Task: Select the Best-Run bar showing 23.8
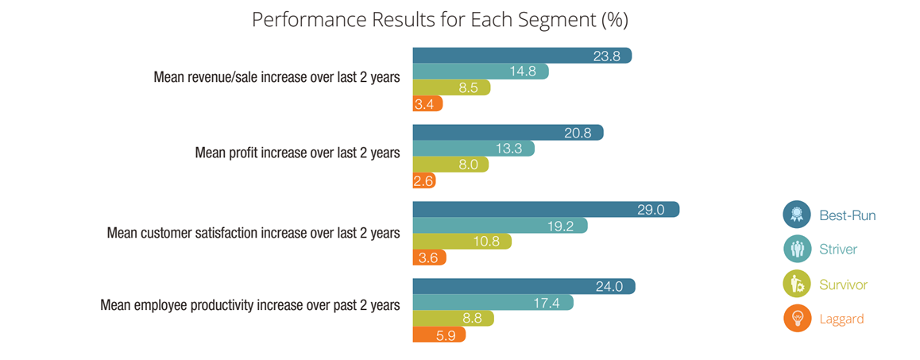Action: pyautogui.click(x=521, y=56)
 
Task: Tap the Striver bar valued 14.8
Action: pyautogui.click(x=480, y=72)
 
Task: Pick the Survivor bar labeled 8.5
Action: pyautogui.click(x=450, y=87)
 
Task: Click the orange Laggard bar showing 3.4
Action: pyautogui.click(x=427, y=103)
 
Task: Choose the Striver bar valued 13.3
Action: pyautogui.click(x=473, y=149)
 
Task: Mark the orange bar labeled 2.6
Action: pyautogui.click(x=424, y=180)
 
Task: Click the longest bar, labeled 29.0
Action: pyautogui.click(x=545, y=210)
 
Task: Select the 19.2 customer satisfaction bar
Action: pyautogui.click(x=499, y=226)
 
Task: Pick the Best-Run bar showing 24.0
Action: pyautogui.click(x=523, y=287)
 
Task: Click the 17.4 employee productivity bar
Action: pyautogui.click(x=492, y=303)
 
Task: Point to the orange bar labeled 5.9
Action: pyautogui.click(x=438, y=335)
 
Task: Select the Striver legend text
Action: pyautogui.click(x=838, y=250)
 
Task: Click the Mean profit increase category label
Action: pyautogui.click(x=297, y=153)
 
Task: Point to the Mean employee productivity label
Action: pyautogui.click(x=249, y=304)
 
